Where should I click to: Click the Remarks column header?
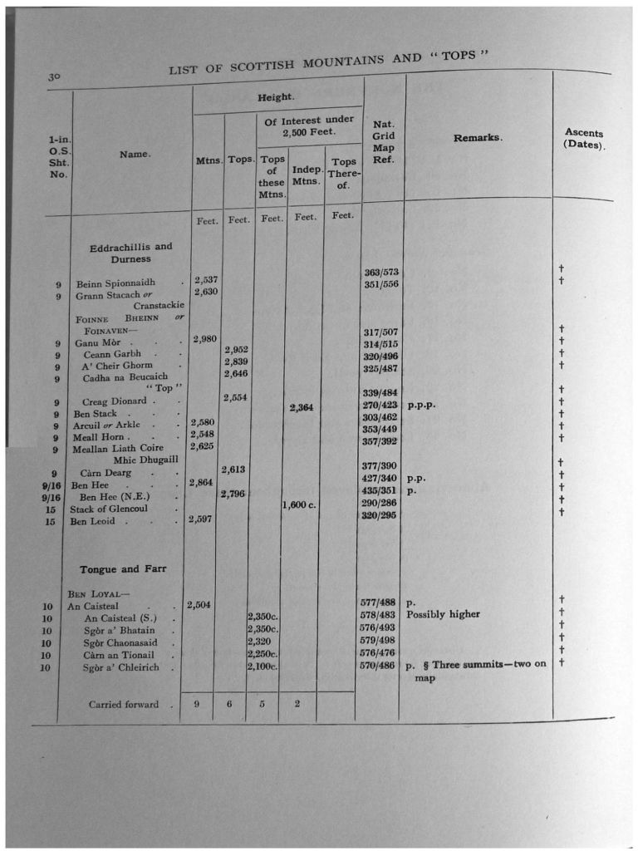[x=478, y=138]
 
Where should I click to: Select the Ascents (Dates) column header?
[x=584, y=138]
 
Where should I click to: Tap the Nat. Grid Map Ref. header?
[x=384, y=141]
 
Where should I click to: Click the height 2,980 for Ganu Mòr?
[x=205, y=338]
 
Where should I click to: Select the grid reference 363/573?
[x=381, y=272]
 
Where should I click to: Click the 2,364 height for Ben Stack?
[x=302, y=407]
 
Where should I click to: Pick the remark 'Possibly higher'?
[x=443, y=614]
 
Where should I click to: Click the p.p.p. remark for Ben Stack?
[x=421, y=406]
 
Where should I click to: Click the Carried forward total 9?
[x=196, y=704]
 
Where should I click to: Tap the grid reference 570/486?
[x=376, y=666]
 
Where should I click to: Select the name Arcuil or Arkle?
[x=106, y=425]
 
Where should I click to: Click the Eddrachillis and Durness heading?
[x=130, y=253]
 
